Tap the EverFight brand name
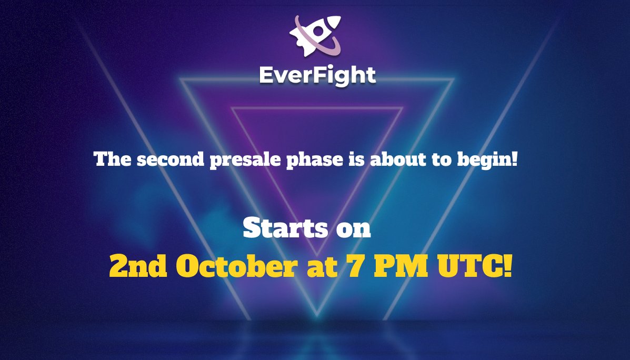(x=317, y=75)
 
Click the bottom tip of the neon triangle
(x=317, y=315)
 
